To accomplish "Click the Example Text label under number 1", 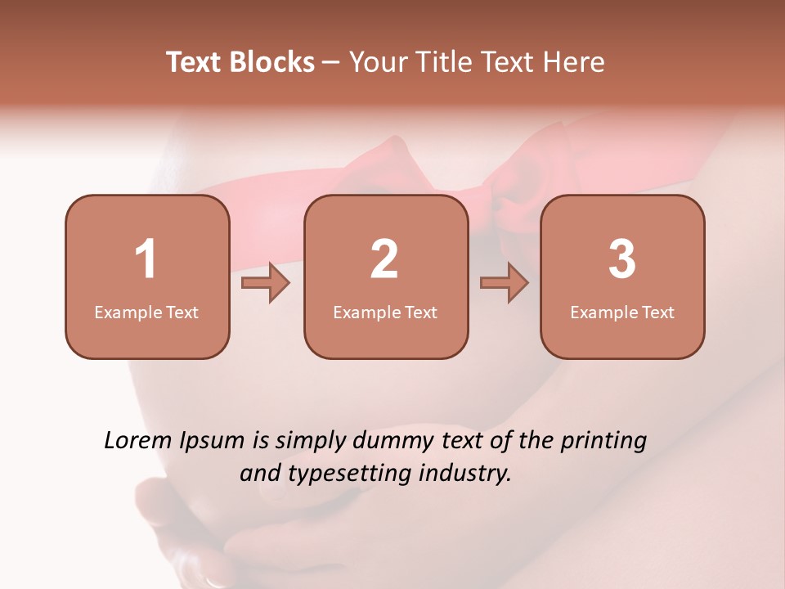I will (146, 312).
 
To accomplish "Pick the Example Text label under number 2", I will (385, 312).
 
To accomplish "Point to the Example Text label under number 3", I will (622, 312).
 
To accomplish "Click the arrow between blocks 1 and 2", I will (266, 284).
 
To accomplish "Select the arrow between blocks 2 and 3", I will (505, 284).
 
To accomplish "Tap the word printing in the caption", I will (603, 442).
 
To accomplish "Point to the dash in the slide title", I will (331, 62).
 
